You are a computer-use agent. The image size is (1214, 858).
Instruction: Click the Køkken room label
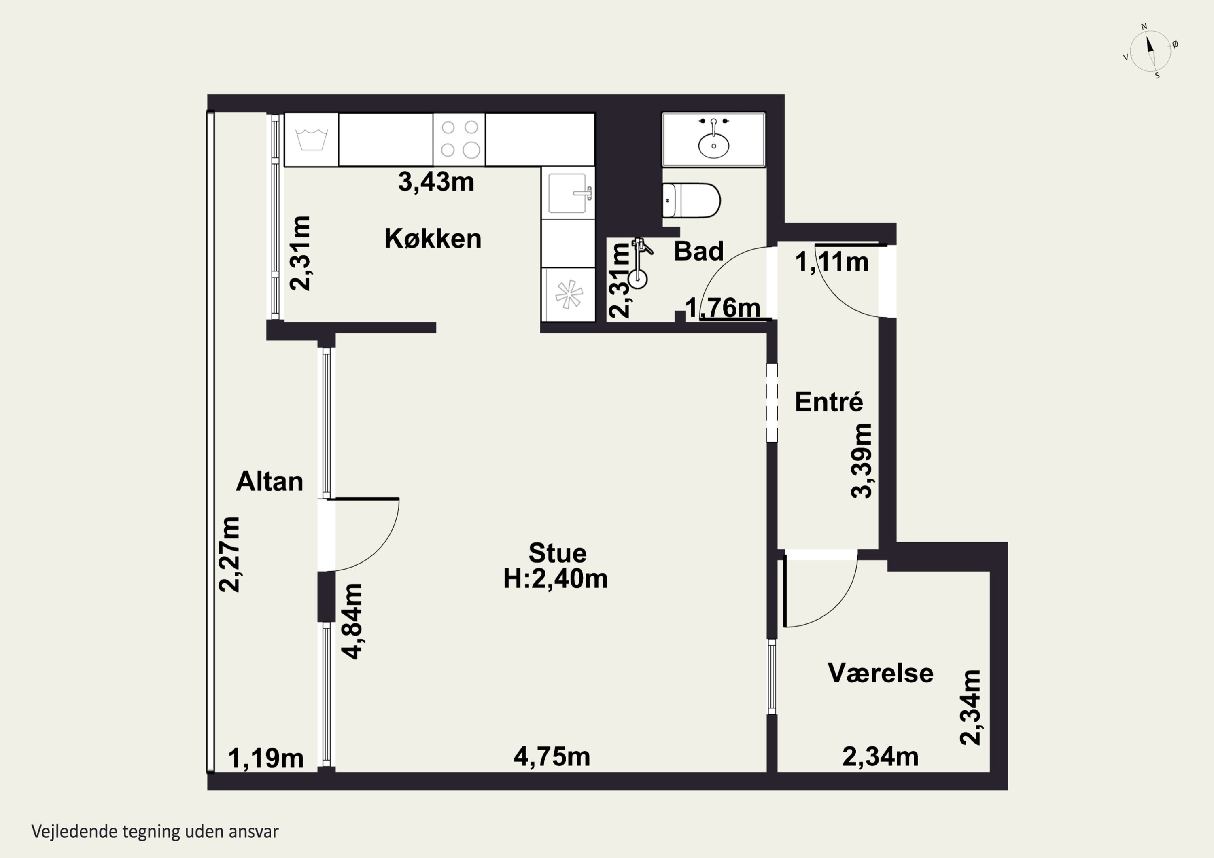click(433, 239)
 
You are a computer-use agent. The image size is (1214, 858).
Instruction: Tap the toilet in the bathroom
click(691, 200)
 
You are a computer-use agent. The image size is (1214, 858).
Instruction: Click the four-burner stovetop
click(459, 140)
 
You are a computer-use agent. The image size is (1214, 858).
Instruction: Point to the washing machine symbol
click(312, 140)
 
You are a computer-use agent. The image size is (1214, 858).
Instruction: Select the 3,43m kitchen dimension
click(436, 182)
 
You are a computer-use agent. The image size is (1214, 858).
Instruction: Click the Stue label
click(557, 553)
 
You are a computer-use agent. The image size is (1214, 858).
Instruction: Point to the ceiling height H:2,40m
click(555, 578)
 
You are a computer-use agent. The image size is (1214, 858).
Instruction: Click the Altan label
click(269, 481)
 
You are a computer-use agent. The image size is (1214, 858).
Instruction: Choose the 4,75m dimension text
click(552, 756)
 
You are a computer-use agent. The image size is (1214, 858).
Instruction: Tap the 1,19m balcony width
click(266, 758)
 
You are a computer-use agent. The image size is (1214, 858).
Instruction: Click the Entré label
click(828, 402)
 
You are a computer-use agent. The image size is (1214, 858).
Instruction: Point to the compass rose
click(1150, 51)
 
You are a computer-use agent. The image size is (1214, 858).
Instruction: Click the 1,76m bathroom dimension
click(723, 308)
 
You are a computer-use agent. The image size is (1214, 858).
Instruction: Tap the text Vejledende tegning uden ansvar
click(155, 832)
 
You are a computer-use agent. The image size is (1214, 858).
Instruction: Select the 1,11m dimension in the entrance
click(832, 262)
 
